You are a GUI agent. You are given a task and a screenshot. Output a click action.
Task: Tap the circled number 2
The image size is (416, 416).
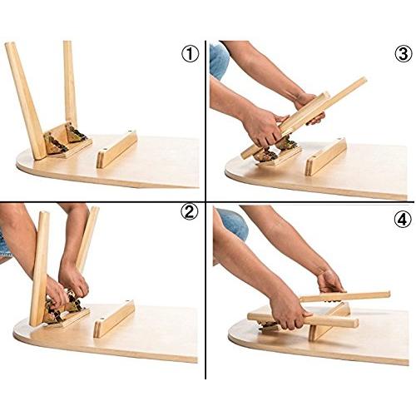tap(190, 212)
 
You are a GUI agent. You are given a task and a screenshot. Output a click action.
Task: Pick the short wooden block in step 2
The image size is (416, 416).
tap(114, 319)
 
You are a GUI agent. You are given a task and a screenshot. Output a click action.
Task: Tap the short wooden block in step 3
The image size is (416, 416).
tap(325, 156)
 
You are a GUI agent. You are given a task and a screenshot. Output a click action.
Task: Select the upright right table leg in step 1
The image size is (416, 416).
tap(70, 83)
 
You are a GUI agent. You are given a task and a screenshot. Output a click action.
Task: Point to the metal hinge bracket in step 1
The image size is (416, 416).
tap(67, 138)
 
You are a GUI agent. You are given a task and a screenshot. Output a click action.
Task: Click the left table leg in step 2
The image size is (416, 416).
tap(38, 266)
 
